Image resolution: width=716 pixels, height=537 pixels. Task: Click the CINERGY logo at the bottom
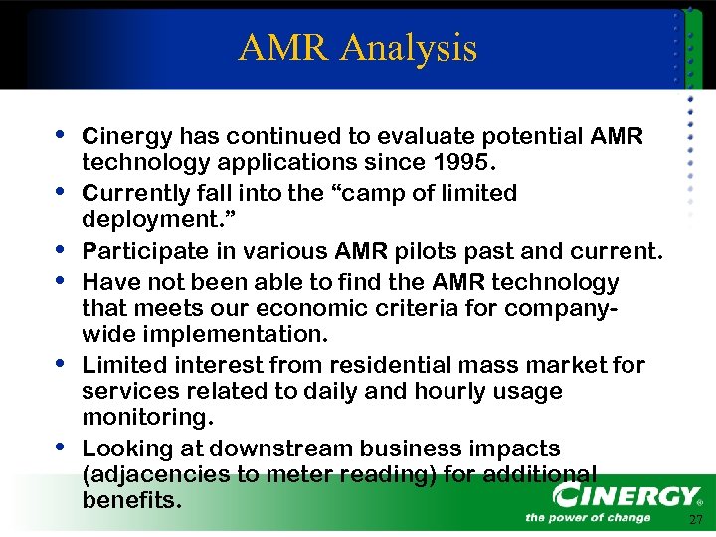click(x=626, y=494)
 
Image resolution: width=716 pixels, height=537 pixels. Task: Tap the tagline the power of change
click(x=588, y=517)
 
